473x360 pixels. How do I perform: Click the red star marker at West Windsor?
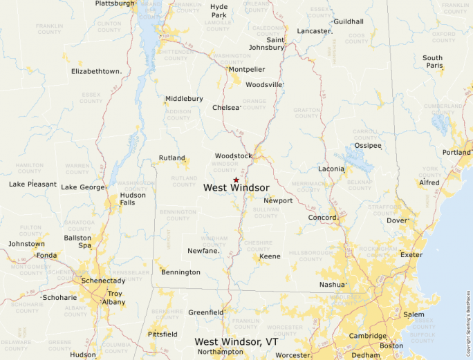[x=236, y=180]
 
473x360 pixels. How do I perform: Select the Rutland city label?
[x=172, y=158]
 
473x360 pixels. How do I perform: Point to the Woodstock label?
[x=234, y=156]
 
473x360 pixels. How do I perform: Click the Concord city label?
[x=322, y=218]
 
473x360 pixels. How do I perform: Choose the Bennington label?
[x=180, y=272]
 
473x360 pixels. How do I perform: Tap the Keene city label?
[x=270, y=256]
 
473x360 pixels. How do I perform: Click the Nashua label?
[x=331, y=285]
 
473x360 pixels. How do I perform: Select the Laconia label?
[x=331, y=169]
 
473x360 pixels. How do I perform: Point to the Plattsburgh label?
[x=115, y=3]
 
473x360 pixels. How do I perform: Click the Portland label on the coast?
[x=456, y=153]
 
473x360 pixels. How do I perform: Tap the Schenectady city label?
[x=104, y=281]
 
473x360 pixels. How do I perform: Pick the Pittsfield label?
[x=163, y=334]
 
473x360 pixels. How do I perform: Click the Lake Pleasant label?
[x=33, y=184]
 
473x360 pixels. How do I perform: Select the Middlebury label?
[x=184, y=99]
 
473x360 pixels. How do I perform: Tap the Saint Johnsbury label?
[x=266, y=44]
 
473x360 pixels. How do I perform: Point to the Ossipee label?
[x=368, y=146]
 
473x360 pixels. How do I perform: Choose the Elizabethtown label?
[x=96, y=71]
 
